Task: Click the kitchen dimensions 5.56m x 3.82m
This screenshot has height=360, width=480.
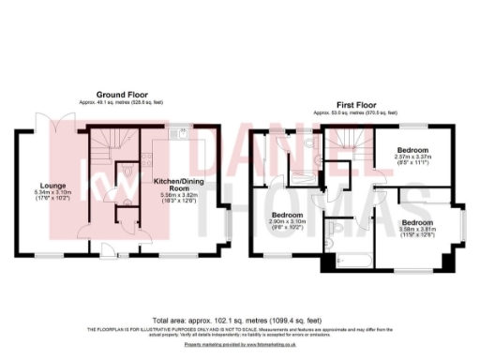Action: (x=174, y=194)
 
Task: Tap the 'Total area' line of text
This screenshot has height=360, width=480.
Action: (x=240, y=321)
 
